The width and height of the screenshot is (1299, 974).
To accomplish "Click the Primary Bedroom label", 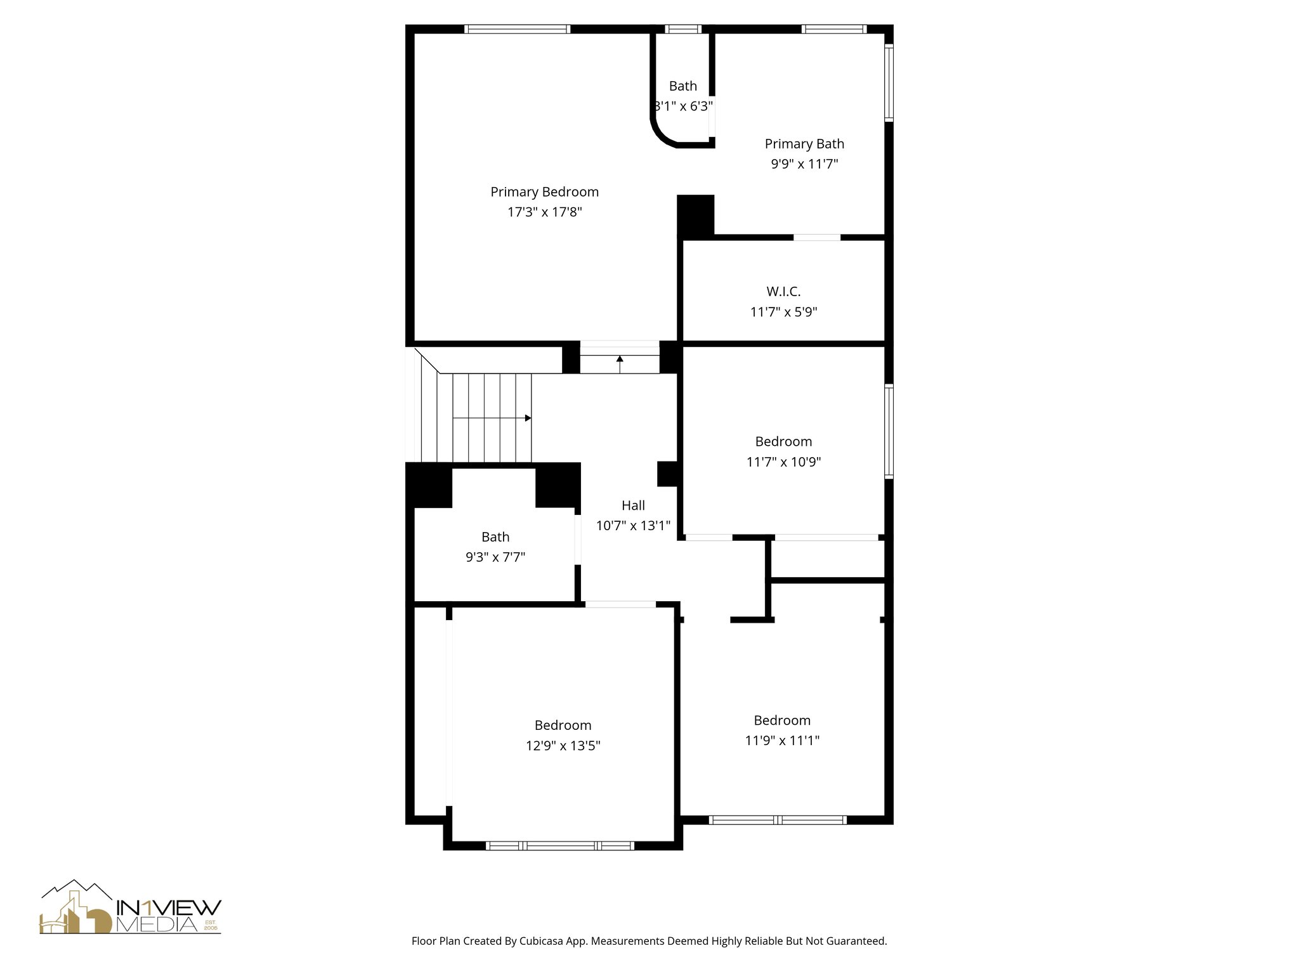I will (544, 192).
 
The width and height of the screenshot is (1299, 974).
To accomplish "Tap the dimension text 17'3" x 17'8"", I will (544, 212).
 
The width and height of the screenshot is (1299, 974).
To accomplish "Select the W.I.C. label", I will (783, 292).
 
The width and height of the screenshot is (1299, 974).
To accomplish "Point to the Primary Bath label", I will (804, 144).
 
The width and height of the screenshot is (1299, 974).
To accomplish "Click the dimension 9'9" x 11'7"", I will (804, 164).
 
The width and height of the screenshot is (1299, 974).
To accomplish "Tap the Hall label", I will (633, 505).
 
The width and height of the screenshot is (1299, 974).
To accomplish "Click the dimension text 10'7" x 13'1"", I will (633, 526).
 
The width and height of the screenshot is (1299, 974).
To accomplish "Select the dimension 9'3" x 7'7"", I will (495, 557).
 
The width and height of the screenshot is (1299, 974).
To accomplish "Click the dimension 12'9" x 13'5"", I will (563, 746).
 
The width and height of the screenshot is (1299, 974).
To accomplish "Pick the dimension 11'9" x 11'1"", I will (782, 741).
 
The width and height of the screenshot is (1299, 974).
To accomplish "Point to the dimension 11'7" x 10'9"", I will (783, 462).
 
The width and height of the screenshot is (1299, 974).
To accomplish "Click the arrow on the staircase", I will (528, 418).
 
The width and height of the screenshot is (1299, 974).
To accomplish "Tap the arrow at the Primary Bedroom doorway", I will (620, 360).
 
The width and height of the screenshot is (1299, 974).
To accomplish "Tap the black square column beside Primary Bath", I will (696, 215).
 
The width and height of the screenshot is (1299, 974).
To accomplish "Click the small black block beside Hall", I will (667, 473).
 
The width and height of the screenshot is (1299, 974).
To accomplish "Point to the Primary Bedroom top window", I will (517, 29).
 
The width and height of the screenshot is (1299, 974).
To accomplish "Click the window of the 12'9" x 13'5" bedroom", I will (559, 845).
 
